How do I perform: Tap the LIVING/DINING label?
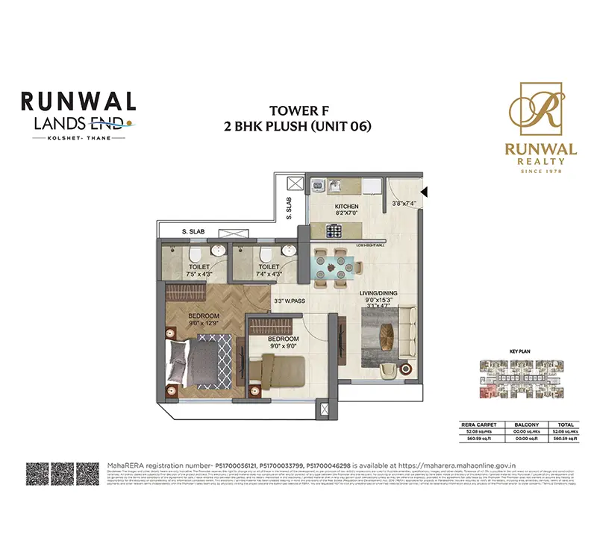(377, 293)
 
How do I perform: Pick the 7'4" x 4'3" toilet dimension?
(269, 273)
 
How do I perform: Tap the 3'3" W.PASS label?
(290, 301)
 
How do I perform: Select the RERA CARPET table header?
(480, 424)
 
